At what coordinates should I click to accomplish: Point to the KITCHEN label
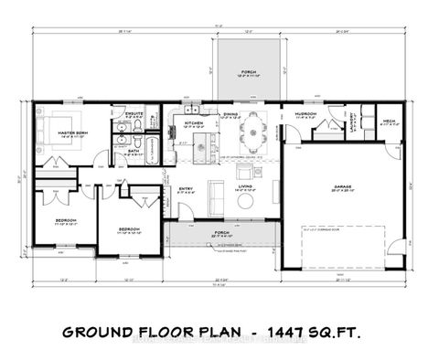point(193,122)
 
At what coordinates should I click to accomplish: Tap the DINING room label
point(231,115)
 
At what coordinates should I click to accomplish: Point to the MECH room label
point(388,121)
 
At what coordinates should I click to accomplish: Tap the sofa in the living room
point(218,194)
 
